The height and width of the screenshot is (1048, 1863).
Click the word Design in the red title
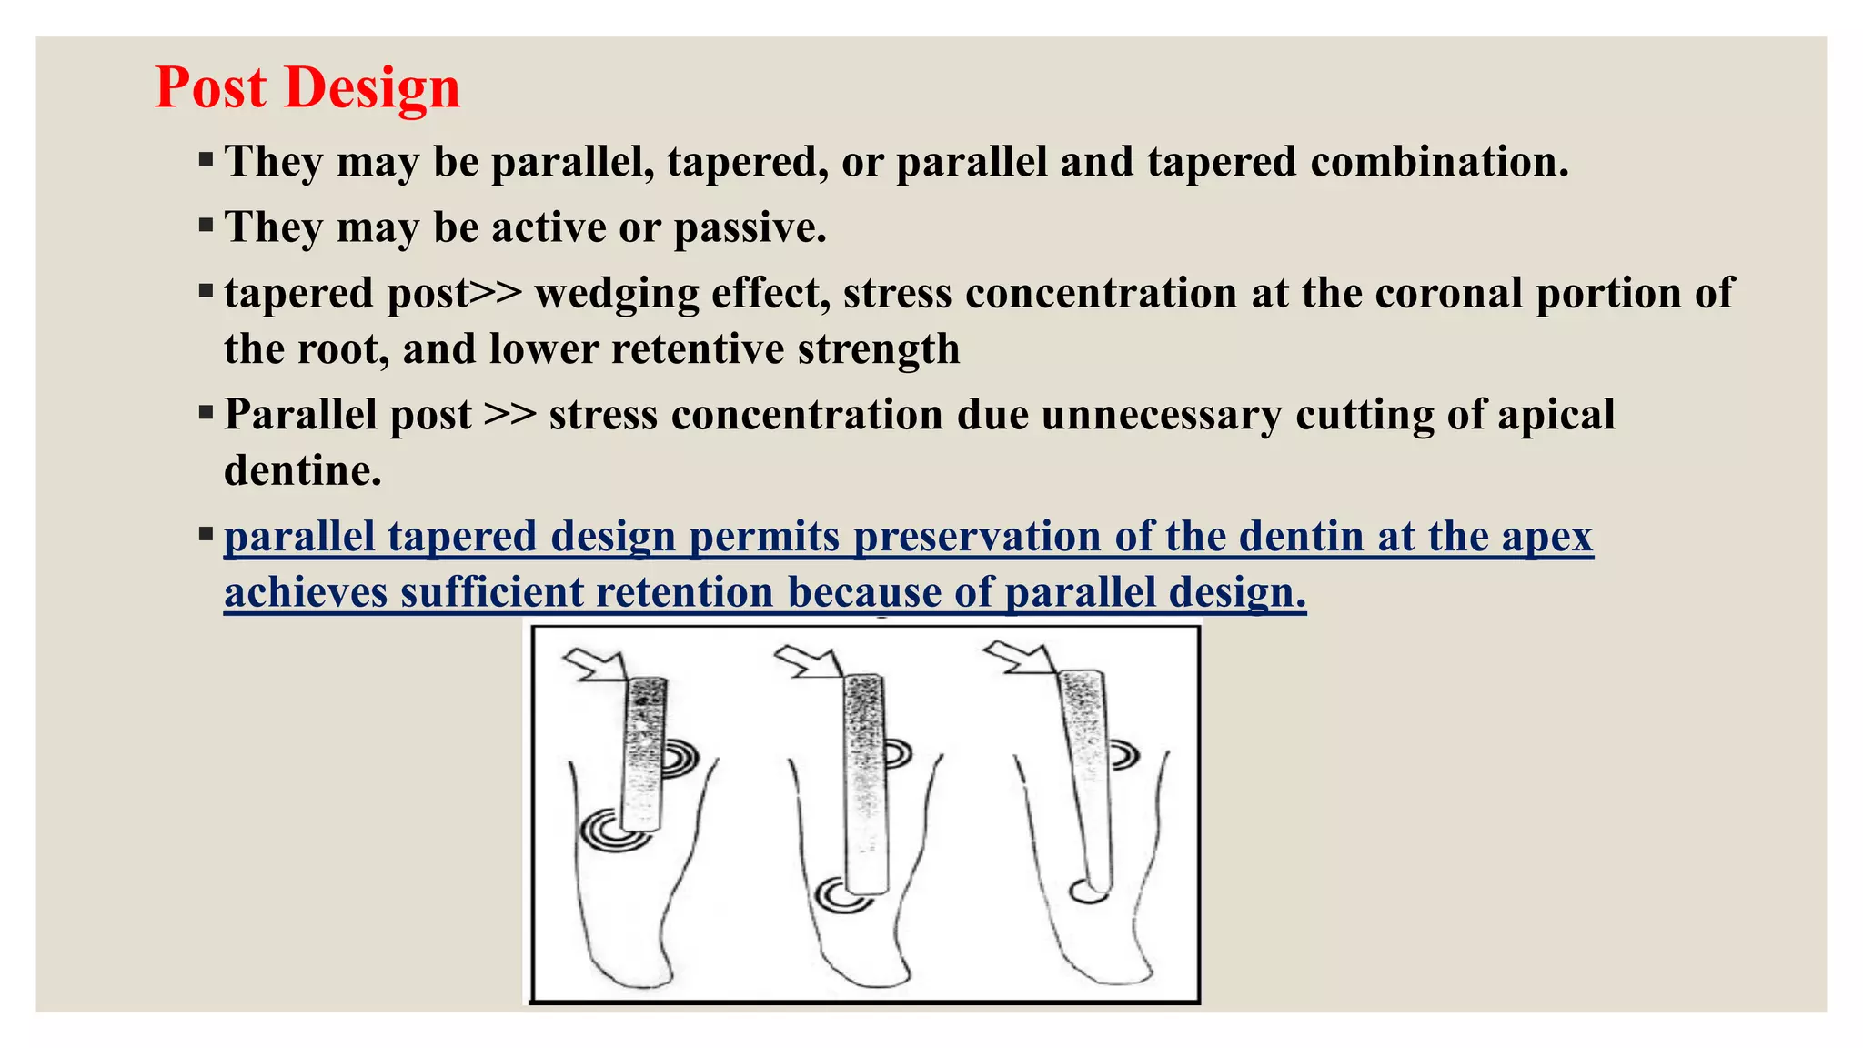point(372,88)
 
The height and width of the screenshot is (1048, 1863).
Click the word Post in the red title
point(210,88)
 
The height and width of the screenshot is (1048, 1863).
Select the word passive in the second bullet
point(749,227)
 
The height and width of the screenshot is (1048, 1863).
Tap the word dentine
point(302,470)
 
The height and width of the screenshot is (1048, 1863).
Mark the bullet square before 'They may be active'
point(206,225)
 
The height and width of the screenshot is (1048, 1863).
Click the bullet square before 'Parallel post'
point(206,413)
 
